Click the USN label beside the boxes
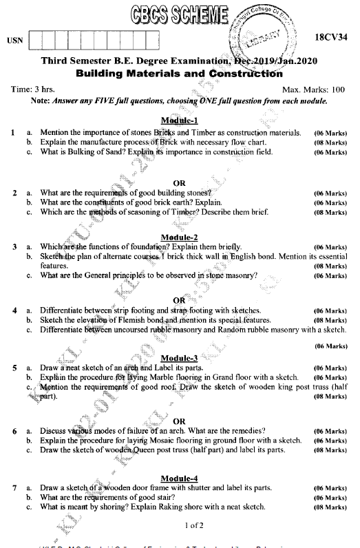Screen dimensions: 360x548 click(x=14, y=41)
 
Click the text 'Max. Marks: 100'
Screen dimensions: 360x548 click(x=313, y=89)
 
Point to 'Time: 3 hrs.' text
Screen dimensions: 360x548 click(x=34, y=89)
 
